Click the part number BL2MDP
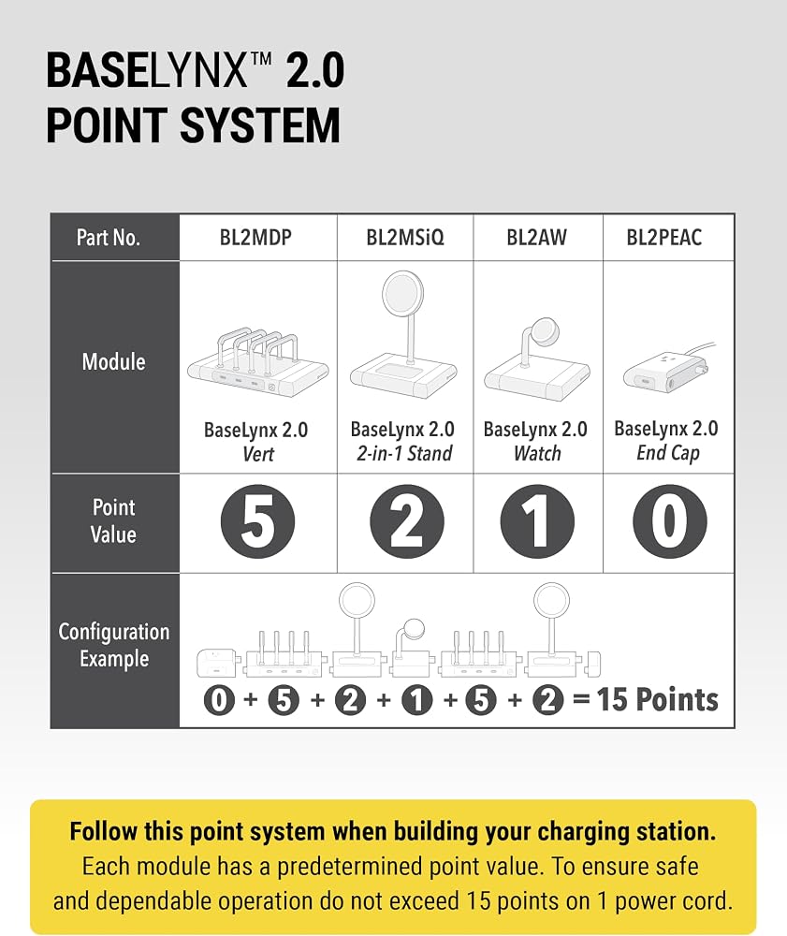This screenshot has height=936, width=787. click(x=255, y=238)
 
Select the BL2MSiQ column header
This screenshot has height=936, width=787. click(x=405, y=238)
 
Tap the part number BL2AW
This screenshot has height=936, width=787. click(x=536, y=238)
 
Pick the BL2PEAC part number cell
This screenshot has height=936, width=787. click(x=664, y=238)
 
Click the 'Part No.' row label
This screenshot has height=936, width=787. click(x=108, y=238)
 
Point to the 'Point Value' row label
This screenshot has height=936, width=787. click(x=113, y=520)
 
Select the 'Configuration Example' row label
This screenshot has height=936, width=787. click(x=114, y=645)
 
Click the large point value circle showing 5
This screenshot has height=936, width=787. click(x=257, y=521)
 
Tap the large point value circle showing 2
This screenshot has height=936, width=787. click(x=407, y=521)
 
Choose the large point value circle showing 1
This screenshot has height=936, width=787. click(x=537, y=521)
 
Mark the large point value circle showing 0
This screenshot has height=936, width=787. click(x=669, y=521)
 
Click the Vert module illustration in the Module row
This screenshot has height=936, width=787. click(x=258, y=362)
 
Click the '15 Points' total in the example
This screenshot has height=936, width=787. click(x=658, y=699)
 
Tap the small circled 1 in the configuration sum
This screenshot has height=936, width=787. click(x=416, y=699)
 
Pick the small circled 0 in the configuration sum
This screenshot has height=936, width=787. click(x=219, y=699)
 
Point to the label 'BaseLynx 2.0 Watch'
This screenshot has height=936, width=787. click(x=536, y=441)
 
